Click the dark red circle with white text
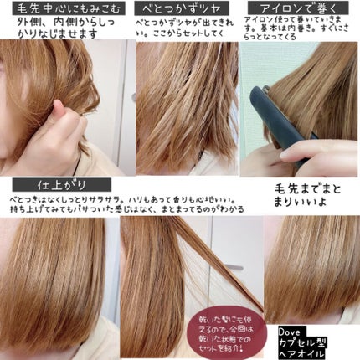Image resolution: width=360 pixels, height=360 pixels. (x=216, y=321)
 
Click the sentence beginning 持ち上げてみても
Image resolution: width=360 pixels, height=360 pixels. (x=126, y=213)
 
